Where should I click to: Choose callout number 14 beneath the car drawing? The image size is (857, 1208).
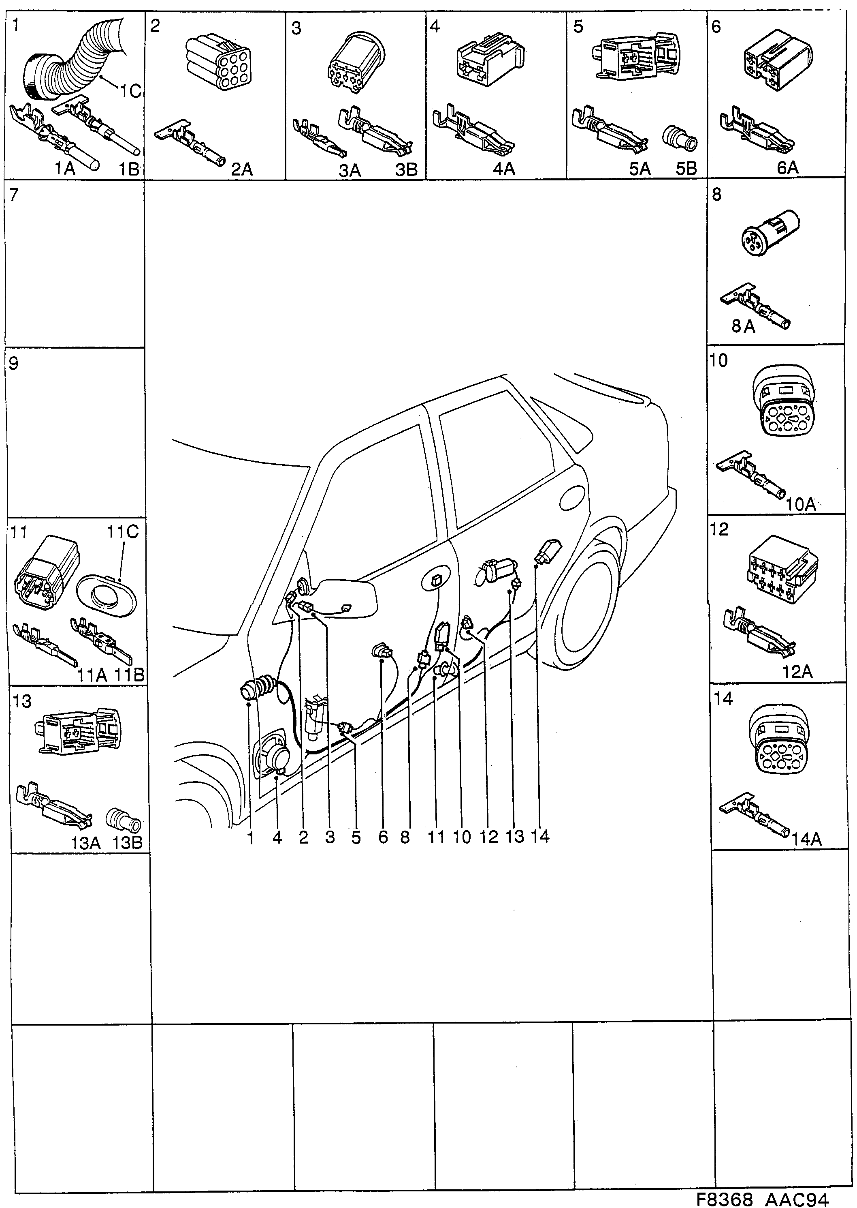coord(540,836)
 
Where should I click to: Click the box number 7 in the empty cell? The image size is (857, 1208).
coord(14,195)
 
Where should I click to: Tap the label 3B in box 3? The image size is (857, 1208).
coord(406,169)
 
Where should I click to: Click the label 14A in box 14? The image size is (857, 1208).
coord(806,839)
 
